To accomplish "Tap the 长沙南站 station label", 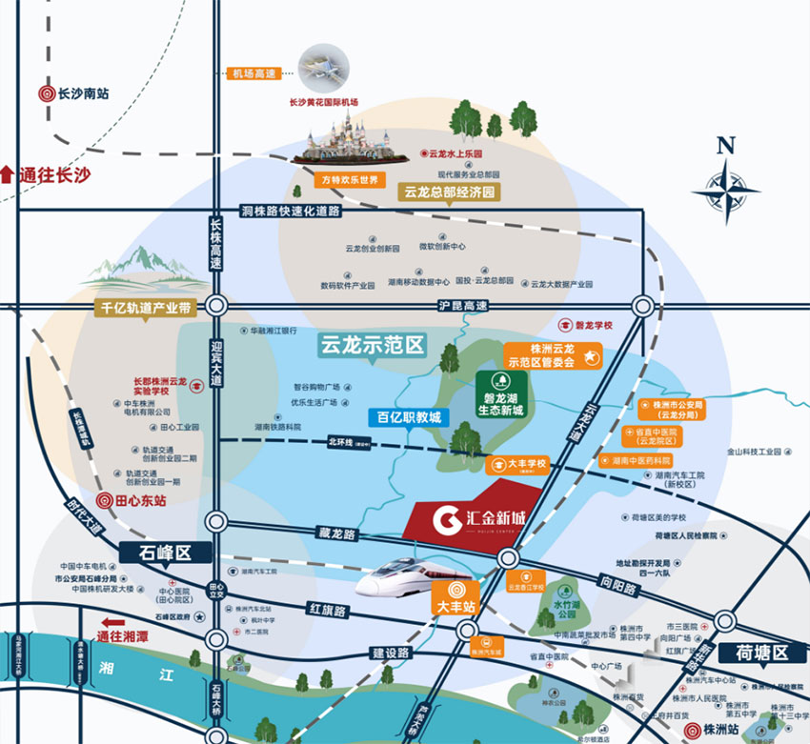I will [74, 93].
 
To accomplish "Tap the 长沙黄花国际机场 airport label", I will [324, 102].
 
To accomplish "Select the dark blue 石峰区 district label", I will [165, 553].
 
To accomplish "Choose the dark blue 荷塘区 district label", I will [763, 653].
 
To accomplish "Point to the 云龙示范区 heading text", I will [372, 344].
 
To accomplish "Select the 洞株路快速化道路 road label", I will [290, 211].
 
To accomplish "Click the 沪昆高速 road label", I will [462, 306].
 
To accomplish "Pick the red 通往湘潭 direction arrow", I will [120, 625].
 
